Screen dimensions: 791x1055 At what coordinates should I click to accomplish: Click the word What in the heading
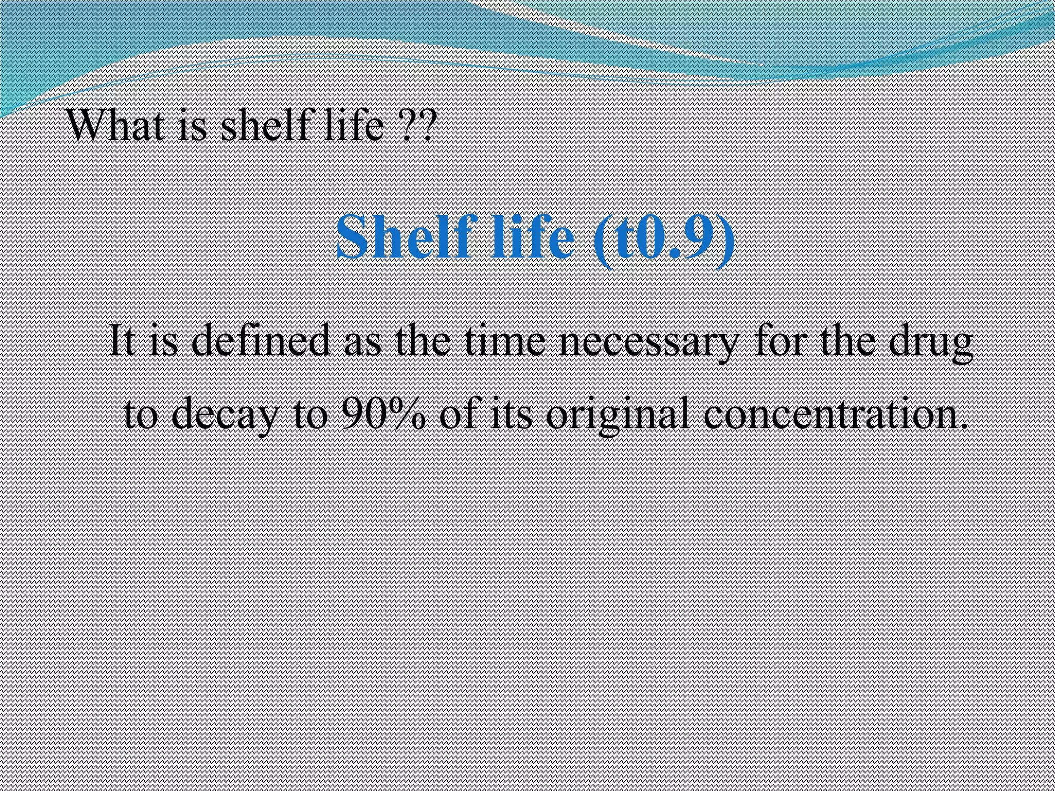click(118, 126)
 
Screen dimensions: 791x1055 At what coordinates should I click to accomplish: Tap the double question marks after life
click(418, 126)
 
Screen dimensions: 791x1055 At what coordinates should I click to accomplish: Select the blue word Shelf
click(406, 237)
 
